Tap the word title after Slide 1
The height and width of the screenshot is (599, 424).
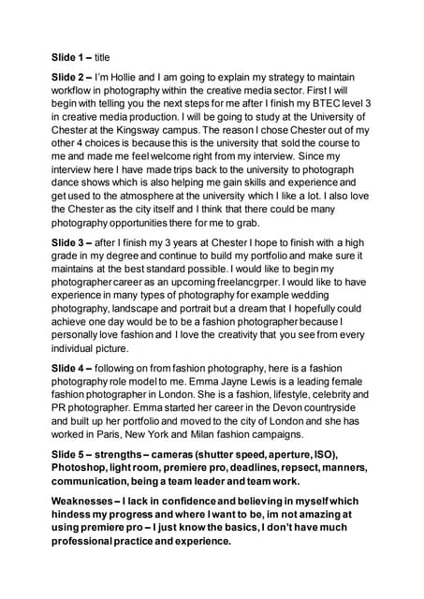[109, 57]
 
